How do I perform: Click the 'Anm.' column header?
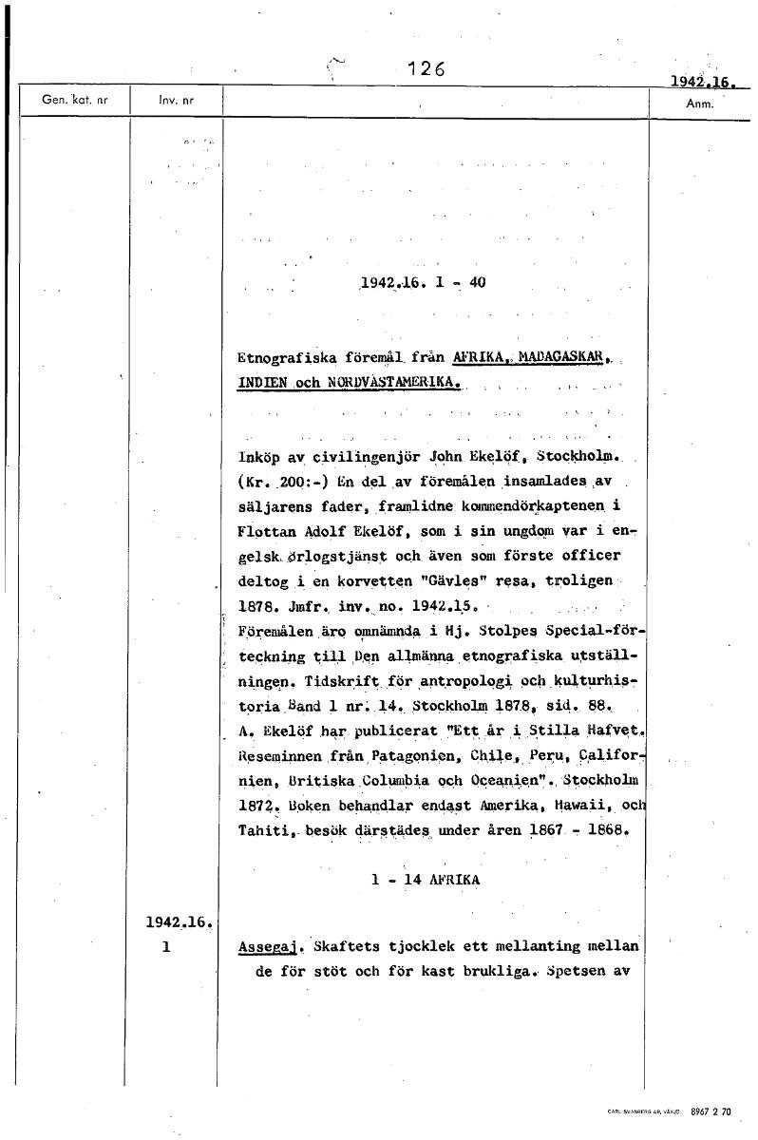pos(698,103)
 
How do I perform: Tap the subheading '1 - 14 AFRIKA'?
pos(426,880)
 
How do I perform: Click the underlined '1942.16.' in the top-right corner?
pos(704,82)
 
